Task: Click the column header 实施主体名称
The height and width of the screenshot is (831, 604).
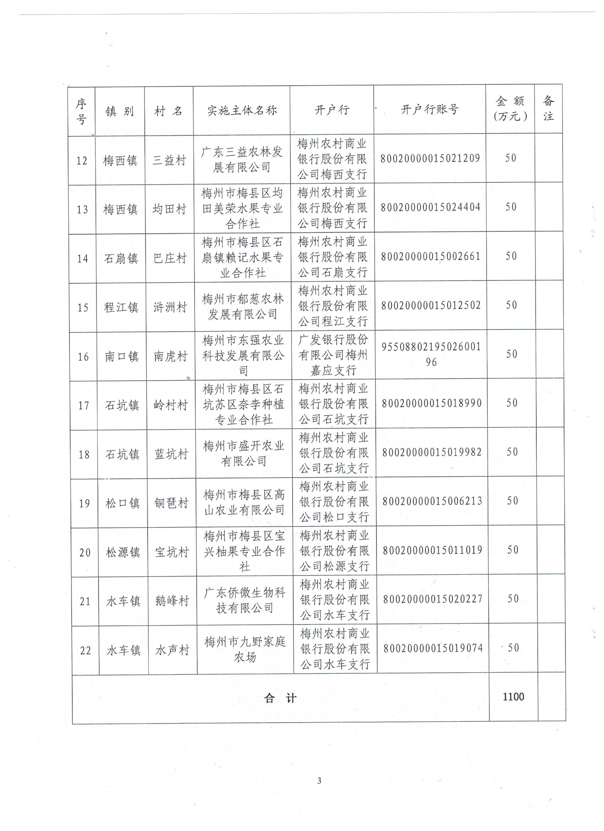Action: coord(242,110)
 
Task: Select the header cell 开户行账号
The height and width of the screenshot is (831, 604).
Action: coord(429,109)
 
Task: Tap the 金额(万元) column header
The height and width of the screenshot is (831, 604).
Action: coord(510,109)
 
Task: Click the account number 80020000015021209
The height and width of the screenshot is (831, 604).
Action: coord(430,158)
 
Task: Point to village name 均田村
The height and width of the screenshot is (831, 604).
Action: coord(169,209)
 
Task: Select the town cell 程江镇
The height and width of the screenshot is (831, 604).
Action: coord(121,307)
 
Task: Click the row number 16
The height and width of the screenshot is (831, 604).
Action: coord(83,356)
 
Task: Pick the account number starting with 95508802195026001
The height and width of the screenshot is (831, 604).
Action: coord(431,354)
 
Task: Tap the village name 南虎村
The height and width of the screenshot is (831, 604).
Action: coord(170,356)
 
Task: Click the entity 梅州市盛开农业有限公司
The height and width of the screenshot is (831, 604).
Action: coord(244,454)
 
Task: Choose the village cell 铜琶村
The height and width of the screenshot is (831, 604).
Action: coord(171,503)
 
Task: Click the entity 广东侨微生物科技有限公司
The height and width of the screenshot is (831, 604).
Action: coord(245,600)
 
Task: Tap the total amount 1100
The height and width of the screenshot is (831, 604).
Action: coord(513,697)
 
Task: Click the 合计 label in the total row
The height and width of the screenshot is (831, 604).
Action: coord(280,698)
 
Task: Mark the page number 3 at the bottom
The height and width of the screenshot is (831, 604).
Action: coord(319,781)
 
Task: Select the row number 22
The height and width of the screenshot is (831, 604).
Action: coord(85,650)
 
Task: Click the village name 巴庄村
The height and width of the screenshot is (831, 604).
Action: coord(170,258)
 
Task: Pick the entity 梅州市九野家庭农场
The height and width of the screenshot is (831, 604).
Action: coord(245,649)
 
